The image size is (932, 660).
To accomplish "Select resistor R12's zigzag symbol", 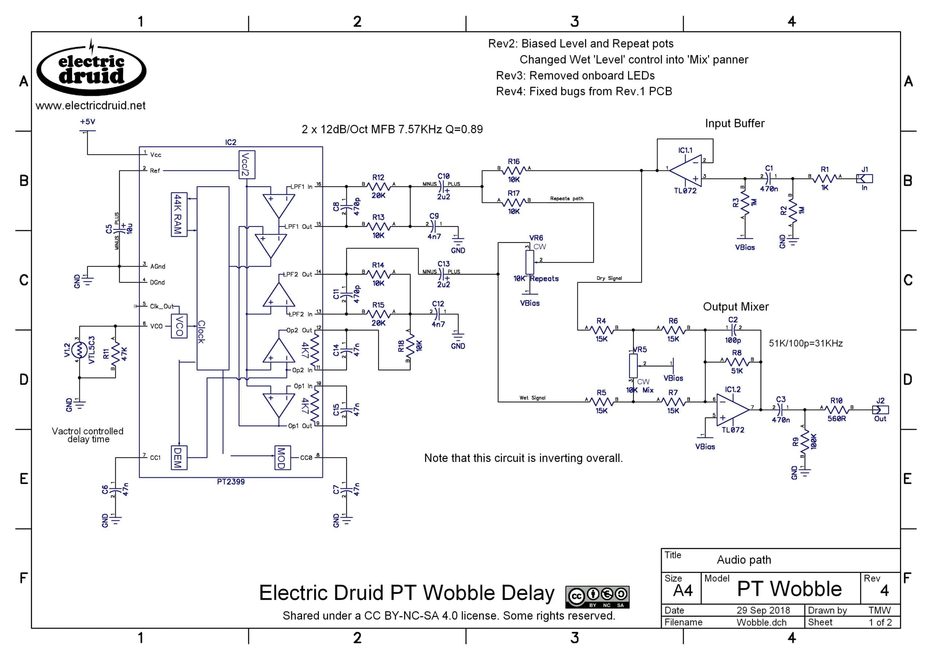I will click(x=379, y=186).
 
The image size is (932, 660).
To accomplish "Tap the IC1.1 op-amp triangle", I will click(x=686, y=171).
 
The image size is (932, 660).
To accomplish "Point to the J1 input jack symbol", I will click(x=865, y=178).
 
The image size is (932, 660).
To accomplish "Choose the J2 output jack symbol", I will click(x=880, y=410).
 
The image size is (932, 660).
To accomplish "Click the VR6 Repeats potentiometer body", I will click(x=530, y=262).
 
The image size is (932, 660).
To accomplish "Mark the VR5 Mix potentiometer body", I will click(x=633, y=366).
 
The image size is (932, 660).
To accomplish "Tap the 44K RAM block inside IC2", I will click(x=179, y=214).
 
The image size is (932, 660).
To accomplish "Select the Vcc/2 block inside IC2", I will click(x=246, y=165).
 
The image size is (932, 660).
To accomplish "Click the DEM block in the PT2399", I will click(x=179, y=457).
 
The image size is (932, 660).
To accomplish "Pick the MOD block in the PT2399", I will click(x=282, y=457).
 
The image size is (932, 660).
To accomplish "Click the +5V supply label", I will click(x=87, y=122).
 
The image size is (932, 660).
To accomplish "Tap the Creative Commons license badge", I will click(x=597, y=597).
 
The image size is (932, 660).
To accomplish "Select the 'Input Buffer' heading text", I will click(x=735, y=123).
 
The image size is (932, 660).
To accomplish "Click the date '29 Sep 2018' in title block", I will click(x=763, y=610).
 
